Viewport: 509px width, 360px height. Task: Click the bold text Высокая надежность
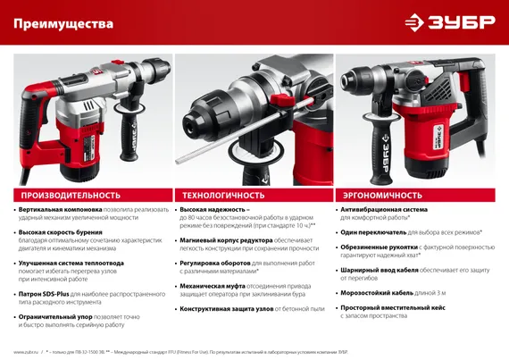click(x=213, y=210)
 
